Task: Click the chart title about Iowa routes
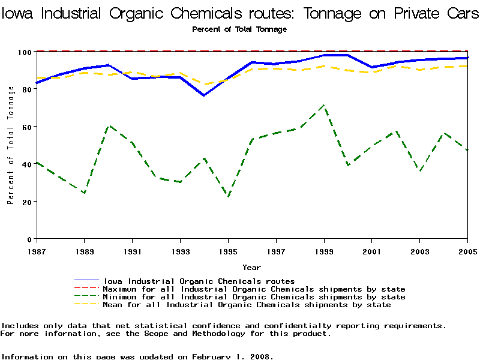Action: (240, 14)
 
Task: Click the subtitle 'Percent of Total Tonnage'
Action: (239, 29)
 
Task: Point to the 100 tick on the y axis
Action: (26, 52)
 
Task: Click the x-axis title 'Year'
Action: (251, 267)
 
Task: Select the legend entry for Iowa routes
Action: (199, 281)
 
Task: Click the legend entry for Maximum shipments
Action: (254, 289)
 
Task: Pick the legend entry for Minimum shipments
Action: (254, 297)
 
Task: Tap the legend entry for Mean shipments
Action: (247, 305)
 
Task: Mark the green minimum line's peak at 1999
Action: (324, 106)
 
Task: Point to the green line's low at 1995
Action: (228, 197)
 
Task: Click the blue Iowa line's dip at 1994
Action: (204, 95)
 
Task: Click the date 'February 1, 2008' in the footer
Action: (232, 356)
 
